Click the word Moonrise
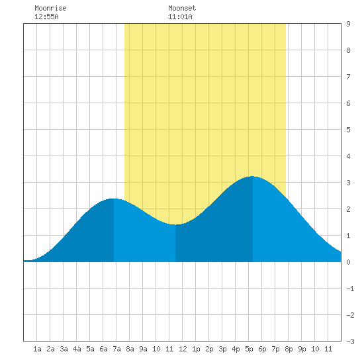(x=50, y=8)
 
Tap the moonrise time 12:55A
(x=46, y=17)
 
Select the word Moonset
(x=182, y=8)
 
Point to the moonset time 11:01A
(x=180, y=17)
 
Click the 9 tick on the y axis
(x=348, y=24)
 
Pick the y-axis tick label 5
(x=348, y=130)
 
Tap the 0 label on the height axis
(x=348, y=262)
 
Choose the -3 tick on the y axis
(x=350, y=341)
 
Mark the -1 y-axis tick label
(x=350, y=289)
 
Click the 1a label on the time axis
(x=37, y=349)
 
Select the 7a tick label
(x=116, y=349)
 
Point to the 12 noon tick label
(x=183, y=349)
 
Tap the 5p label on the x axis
(x=249, y=349)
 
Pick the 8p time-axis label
(x=289, y=349)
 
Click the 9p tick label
(x=302, y=349)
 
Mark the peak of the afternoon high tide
(x=252, y=177)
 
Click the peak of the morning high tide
(x=114, y=199)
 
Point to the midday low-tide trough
(x=175, y=224)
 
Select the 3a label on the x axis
(x=64, y=349)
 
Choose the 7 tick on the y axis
(x=348, y=77)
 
